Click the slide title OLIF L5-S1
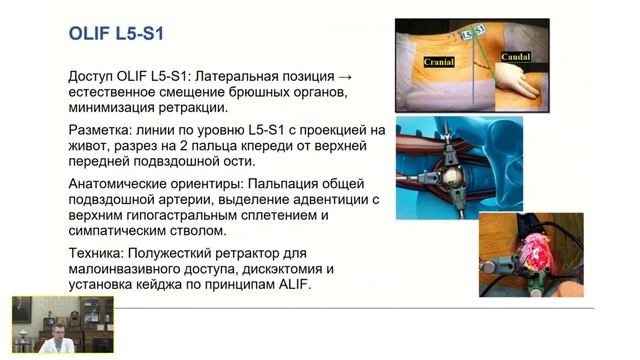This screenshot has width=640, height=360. coord(116,33)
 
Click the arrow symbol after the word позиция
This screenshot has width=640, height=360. coord(345,77)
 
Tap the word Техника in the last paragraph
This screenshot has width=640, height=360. coord(96,253)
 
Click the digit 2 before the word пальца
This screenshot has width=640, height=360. coord(183,146)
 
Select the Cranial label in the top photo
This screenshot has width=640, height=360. coord(439,62)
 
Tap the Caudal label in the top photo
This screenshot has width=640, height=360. coord(516,57)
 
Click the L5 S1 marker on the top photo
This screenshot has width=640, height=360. coord(473,32)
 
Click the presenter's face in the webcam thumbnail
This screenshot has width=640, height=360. coord(58,332)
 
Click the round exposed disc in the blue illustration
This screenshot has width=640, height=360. coord(452,176)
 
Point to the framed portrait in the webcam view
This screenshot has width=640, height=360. coord(22,309)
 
